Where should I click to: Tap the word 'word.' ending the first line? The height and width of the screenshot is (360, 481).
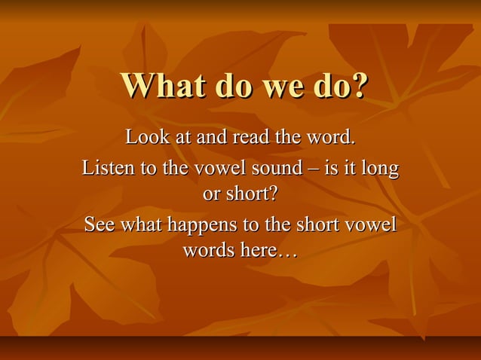(x=328, y=138)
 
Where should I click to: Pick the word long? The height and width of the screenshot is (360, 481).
(x=380, y=168)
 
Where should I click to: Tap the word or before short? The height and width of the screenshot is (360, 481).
(x=212, y=194)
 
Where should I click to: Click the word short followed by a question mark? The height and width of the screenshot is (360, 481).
(x=252, y=194)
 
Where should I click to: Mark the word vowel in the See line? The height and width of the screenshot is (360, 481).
(x=372, y=224)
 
